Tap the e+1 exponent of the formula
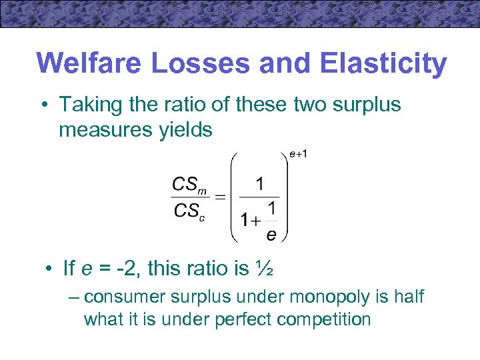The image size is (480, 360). [x=298, y=155]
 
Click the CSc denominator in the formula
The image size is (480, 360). [x=189, y=211]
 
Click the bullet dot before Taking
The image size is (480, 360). [x=45, y=105]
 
